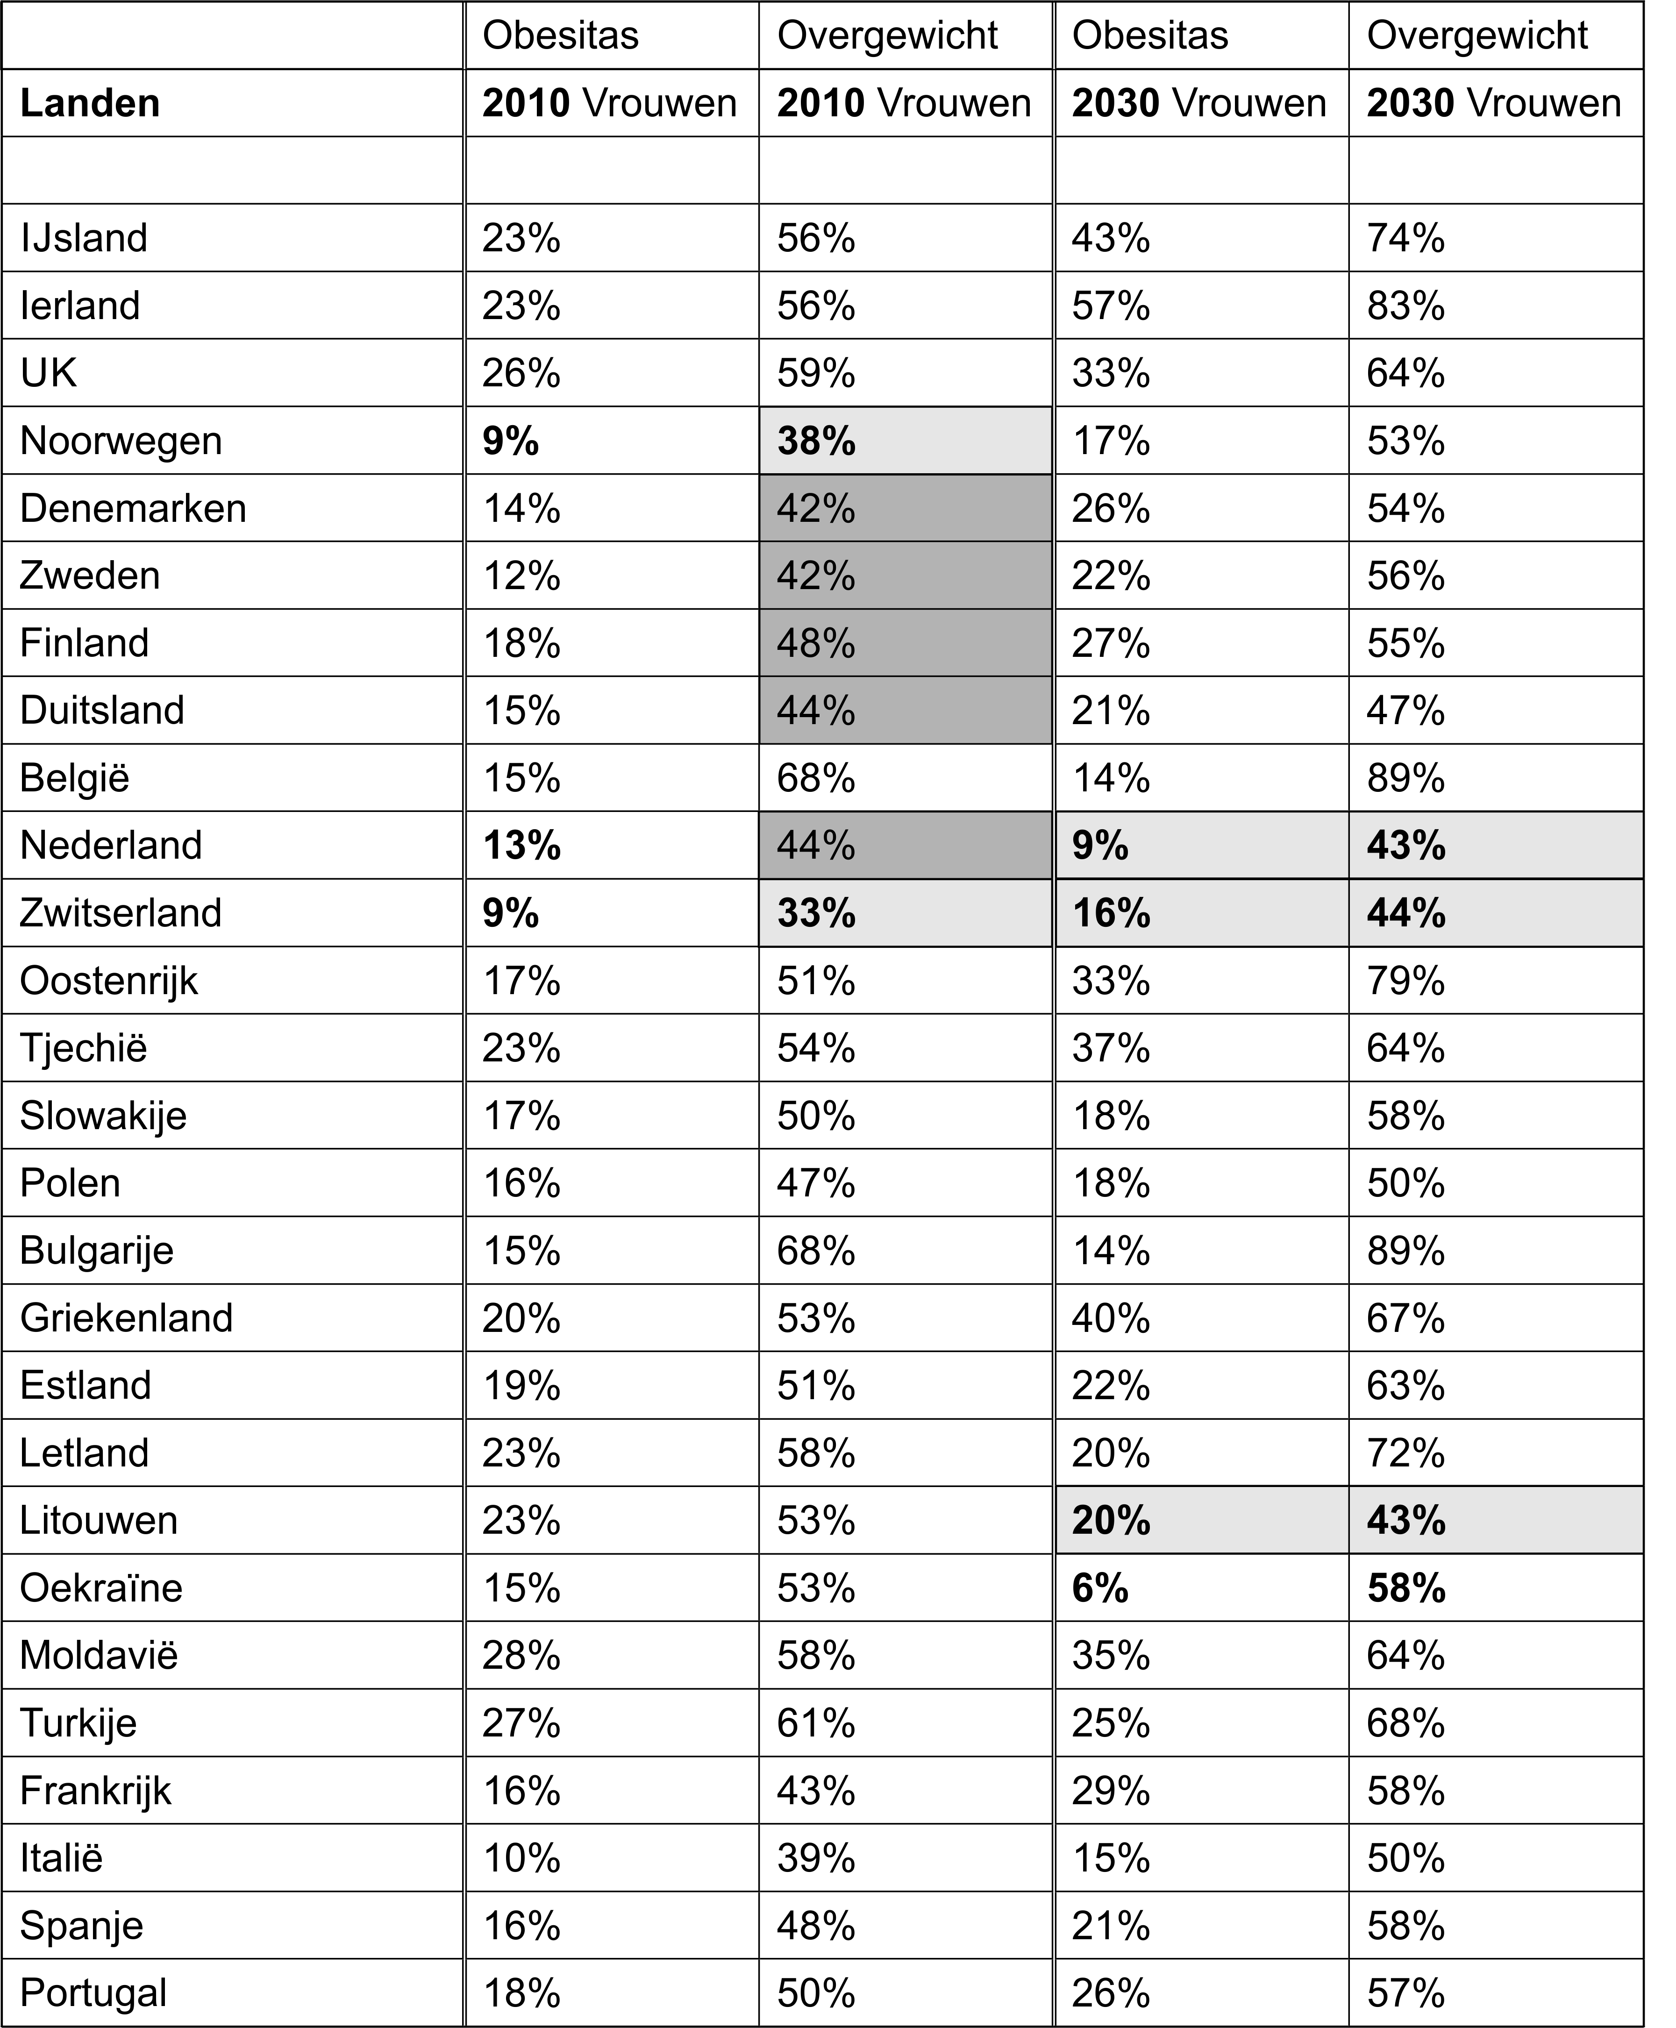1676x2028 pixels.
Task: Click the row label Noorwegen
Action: coord(121,441)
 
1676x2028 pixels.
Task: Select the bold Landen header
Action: coord(90,103)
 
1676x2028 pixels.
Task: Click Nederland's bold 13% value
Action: coord(521,846)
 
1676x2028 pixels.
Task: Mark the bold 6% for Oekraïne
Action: coord(1099,1588)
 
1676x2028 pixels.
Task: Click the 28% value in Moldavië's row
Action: coord(521,1655)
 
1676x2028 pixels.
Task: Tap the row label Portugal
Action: coord(93,1992)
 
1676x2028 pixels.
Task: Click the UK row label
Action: coord(48,374)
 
